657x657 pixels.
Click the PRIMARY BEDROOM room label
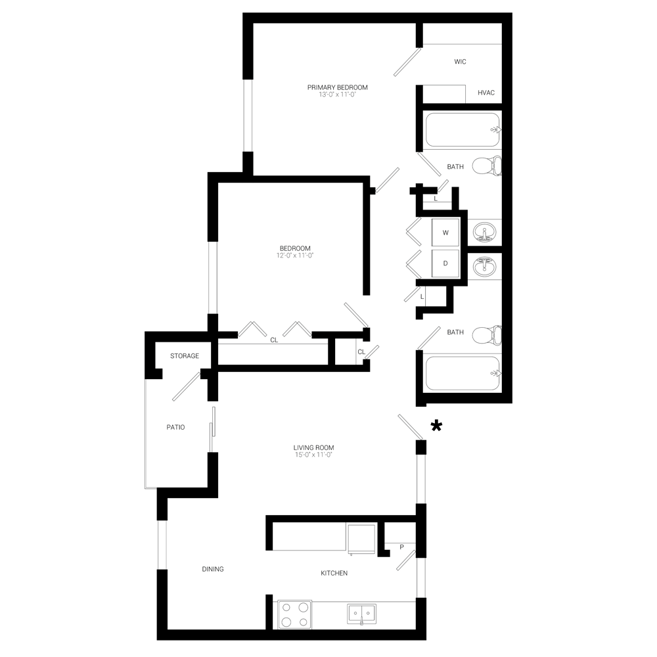point(336,89)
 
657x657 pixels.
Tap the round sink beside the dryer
point(487,265)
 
